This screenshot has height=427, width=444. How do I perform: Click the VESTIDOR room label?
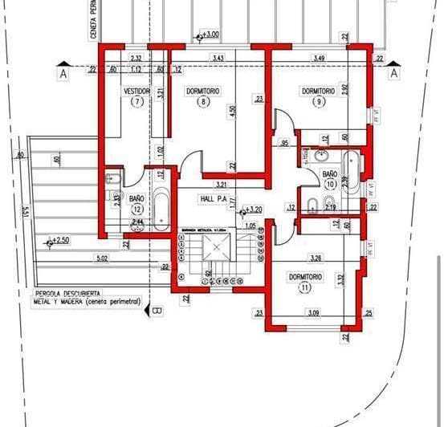pos(136,91)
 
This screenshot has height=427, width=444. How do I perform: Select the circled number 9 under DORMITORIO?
pos(318,102)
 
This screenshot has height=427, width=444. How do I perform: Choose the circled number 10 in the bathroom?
pos(330,184)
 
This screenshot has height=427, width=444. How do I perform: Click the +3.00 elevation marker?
pos(210,35)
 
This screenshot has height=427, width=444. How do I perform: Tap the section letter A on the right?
pos(393,73)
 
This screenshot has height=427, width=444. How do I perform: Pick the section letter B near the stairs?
pos(157,311)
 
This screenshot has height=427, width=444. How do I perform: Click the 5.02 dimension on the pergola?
pos(101,258)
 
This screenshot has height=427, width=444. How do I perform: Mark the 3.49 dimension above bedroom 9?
pos(319,59)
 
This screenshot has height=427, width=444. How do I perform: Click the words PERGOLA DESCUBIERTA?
pos(67,294)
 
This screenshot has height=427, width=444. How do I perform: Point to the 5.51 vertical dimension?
pos(28,214)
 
